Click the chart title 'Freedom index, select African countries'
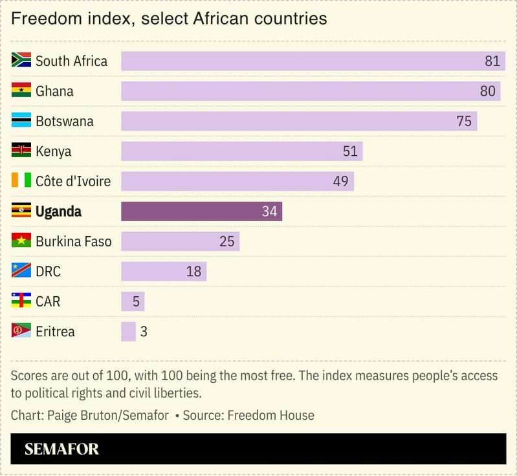pos(168,19)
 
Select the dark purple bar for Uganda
pos(201,211)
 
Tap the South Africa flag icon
pos(21,61)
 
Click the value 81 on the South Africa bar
pos(492,61)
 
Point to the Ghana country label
pos(54,91)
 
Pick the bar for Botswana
pos(299,122)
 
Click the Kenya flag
pos(21,151)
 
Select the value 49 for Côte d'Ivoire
pos(340,182)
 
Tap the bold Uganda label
pos(58,211)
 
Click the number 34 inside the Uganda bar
pos(270,211)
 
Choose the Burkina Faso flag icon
pos(21,241)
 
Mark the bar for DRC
pos(163,272)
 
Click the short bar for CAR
pos(133,301)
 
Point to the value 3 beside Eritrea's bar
pos(144,332)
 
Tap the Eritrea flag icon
pos(21,331)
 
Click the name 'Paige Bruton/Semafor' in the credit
pos(108,415)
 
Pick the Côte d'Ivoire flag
pos(21,181)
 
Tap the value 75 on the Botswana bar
pos(463,122)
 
